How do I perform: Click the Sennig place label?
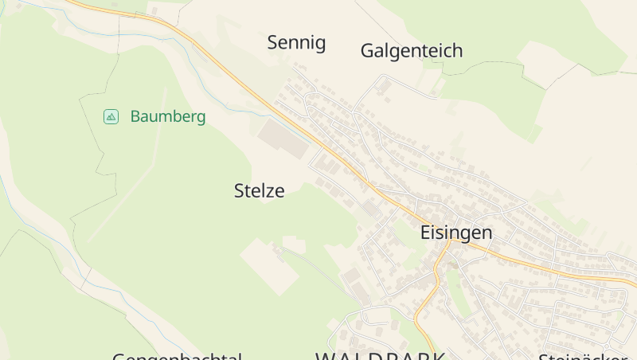[x=296, y=43]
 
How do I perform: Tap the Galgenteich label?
[x=411, y=51]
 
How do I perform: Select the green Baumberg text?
[x=167, y=117]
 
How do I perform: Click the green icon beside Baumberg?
[x=111, y=117]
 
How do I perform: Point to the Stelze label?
[x=259, y=191]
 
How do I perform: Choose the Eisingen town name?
[x=455, y=233]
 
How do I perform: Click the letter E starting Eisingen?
[x=425, y=233]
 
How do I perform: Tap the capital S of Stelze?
[x=240, y=191]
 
